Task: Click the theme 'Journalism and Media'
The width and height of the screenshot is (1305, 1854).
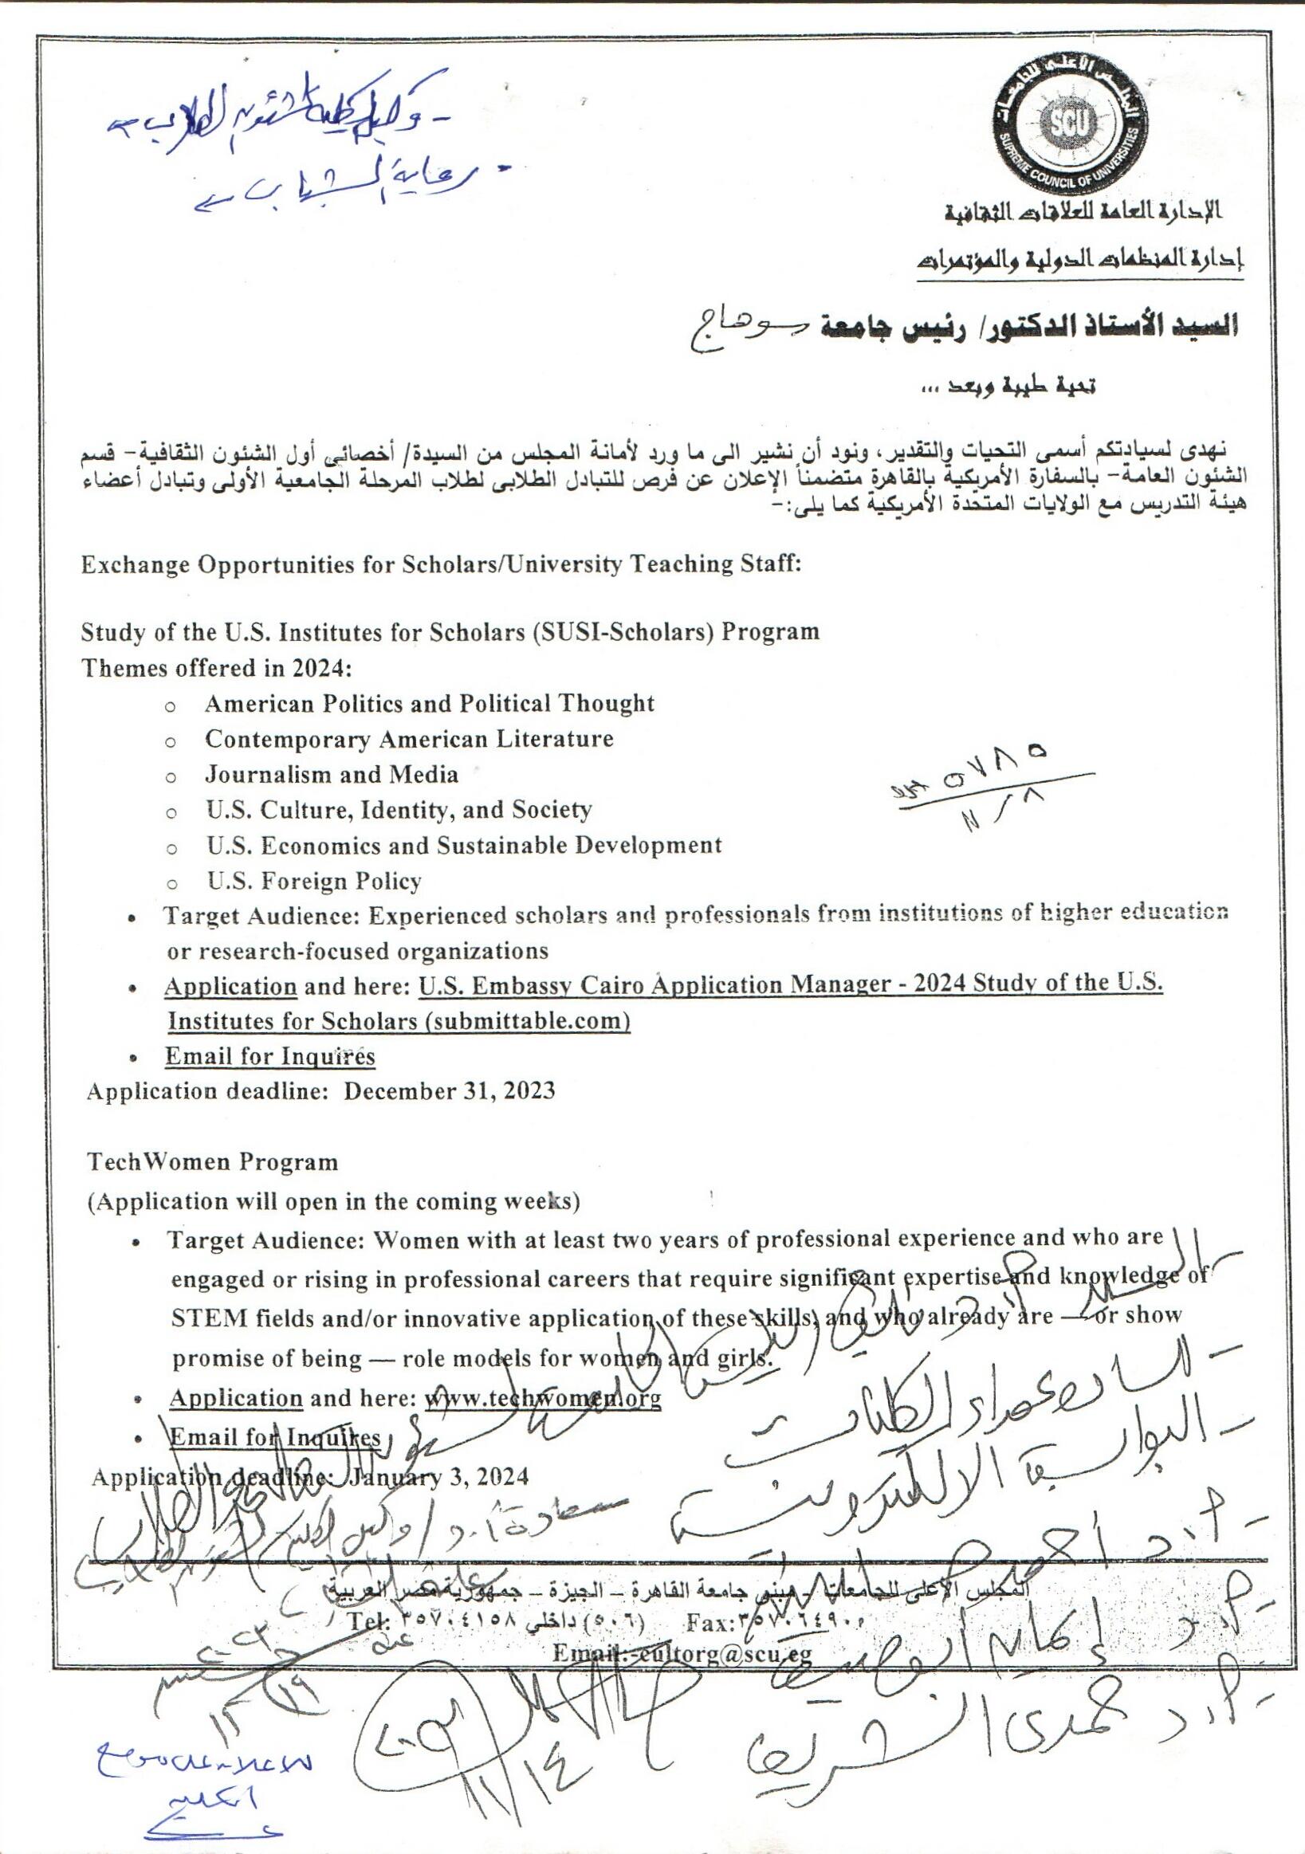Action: (331, 775)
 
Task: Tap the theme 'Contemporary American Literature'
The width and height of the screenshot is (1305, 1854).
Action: (409, 739)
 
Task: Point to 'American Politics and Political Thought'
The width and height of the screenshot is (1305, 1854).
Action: (429, 703)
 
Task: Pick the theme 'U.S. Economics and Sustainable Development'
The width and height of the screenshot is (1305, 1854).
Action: (463, 846)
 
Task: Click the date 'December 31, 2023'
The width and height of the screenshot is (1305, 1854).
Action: (450, 1091)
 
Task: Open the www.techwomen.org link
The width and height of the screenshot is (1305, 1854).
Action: (543, 1398)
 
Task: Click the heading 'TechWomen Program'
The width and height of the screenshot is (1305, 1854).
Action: (212, 1163)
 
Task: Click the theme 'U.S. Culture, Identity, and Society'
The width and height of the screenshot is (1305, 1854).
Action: (399, 810)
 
